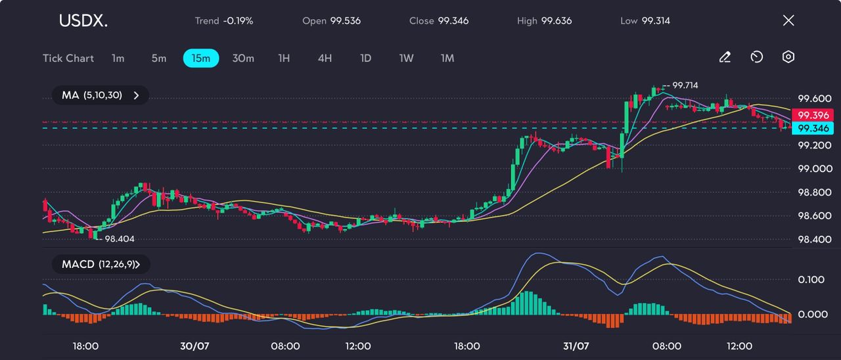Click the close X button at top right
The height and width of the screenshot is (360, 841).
(788, 20)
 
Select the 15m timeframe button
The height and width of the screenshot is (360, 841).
(200, 58)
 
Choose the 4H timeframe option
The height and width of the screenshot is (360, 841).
(325, 58)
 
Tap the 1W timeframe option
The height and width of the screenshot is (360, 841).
(406, 58)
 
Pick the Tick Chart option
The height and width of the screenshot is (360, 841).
(68, 58)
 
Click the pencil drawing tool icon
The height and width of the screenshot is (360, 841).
(725, 57)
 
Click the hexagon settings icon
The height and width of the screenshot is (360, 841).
(788, 57)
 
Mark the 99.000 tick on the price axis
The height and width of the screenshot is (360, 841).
(813, 169)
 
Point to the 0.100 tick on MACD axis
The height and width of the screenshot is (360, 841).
(811, 280)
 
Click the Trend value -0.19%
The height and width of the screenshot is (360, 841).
(238, 21)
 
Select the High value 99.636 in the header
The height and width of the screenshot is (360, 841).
(556, 21)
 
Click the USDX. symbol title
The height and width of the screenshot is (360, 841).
(83, 21)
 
